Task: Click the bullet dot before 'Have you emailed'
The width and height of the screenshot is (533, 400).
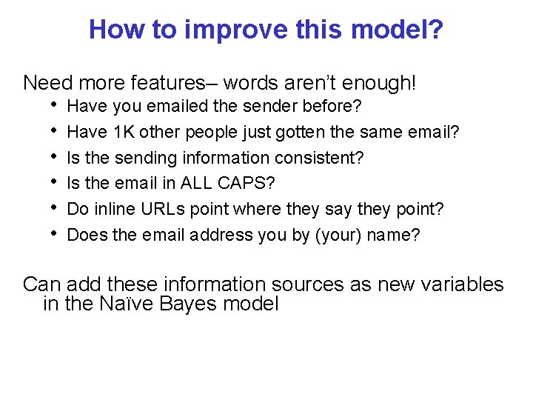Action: (54, 106)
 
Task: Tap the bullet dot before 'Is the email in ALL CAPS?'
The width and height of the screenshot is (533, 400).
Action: (54, 183)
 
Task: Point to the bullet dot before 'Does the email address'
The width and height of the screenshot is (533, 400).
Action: (54, 235)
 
